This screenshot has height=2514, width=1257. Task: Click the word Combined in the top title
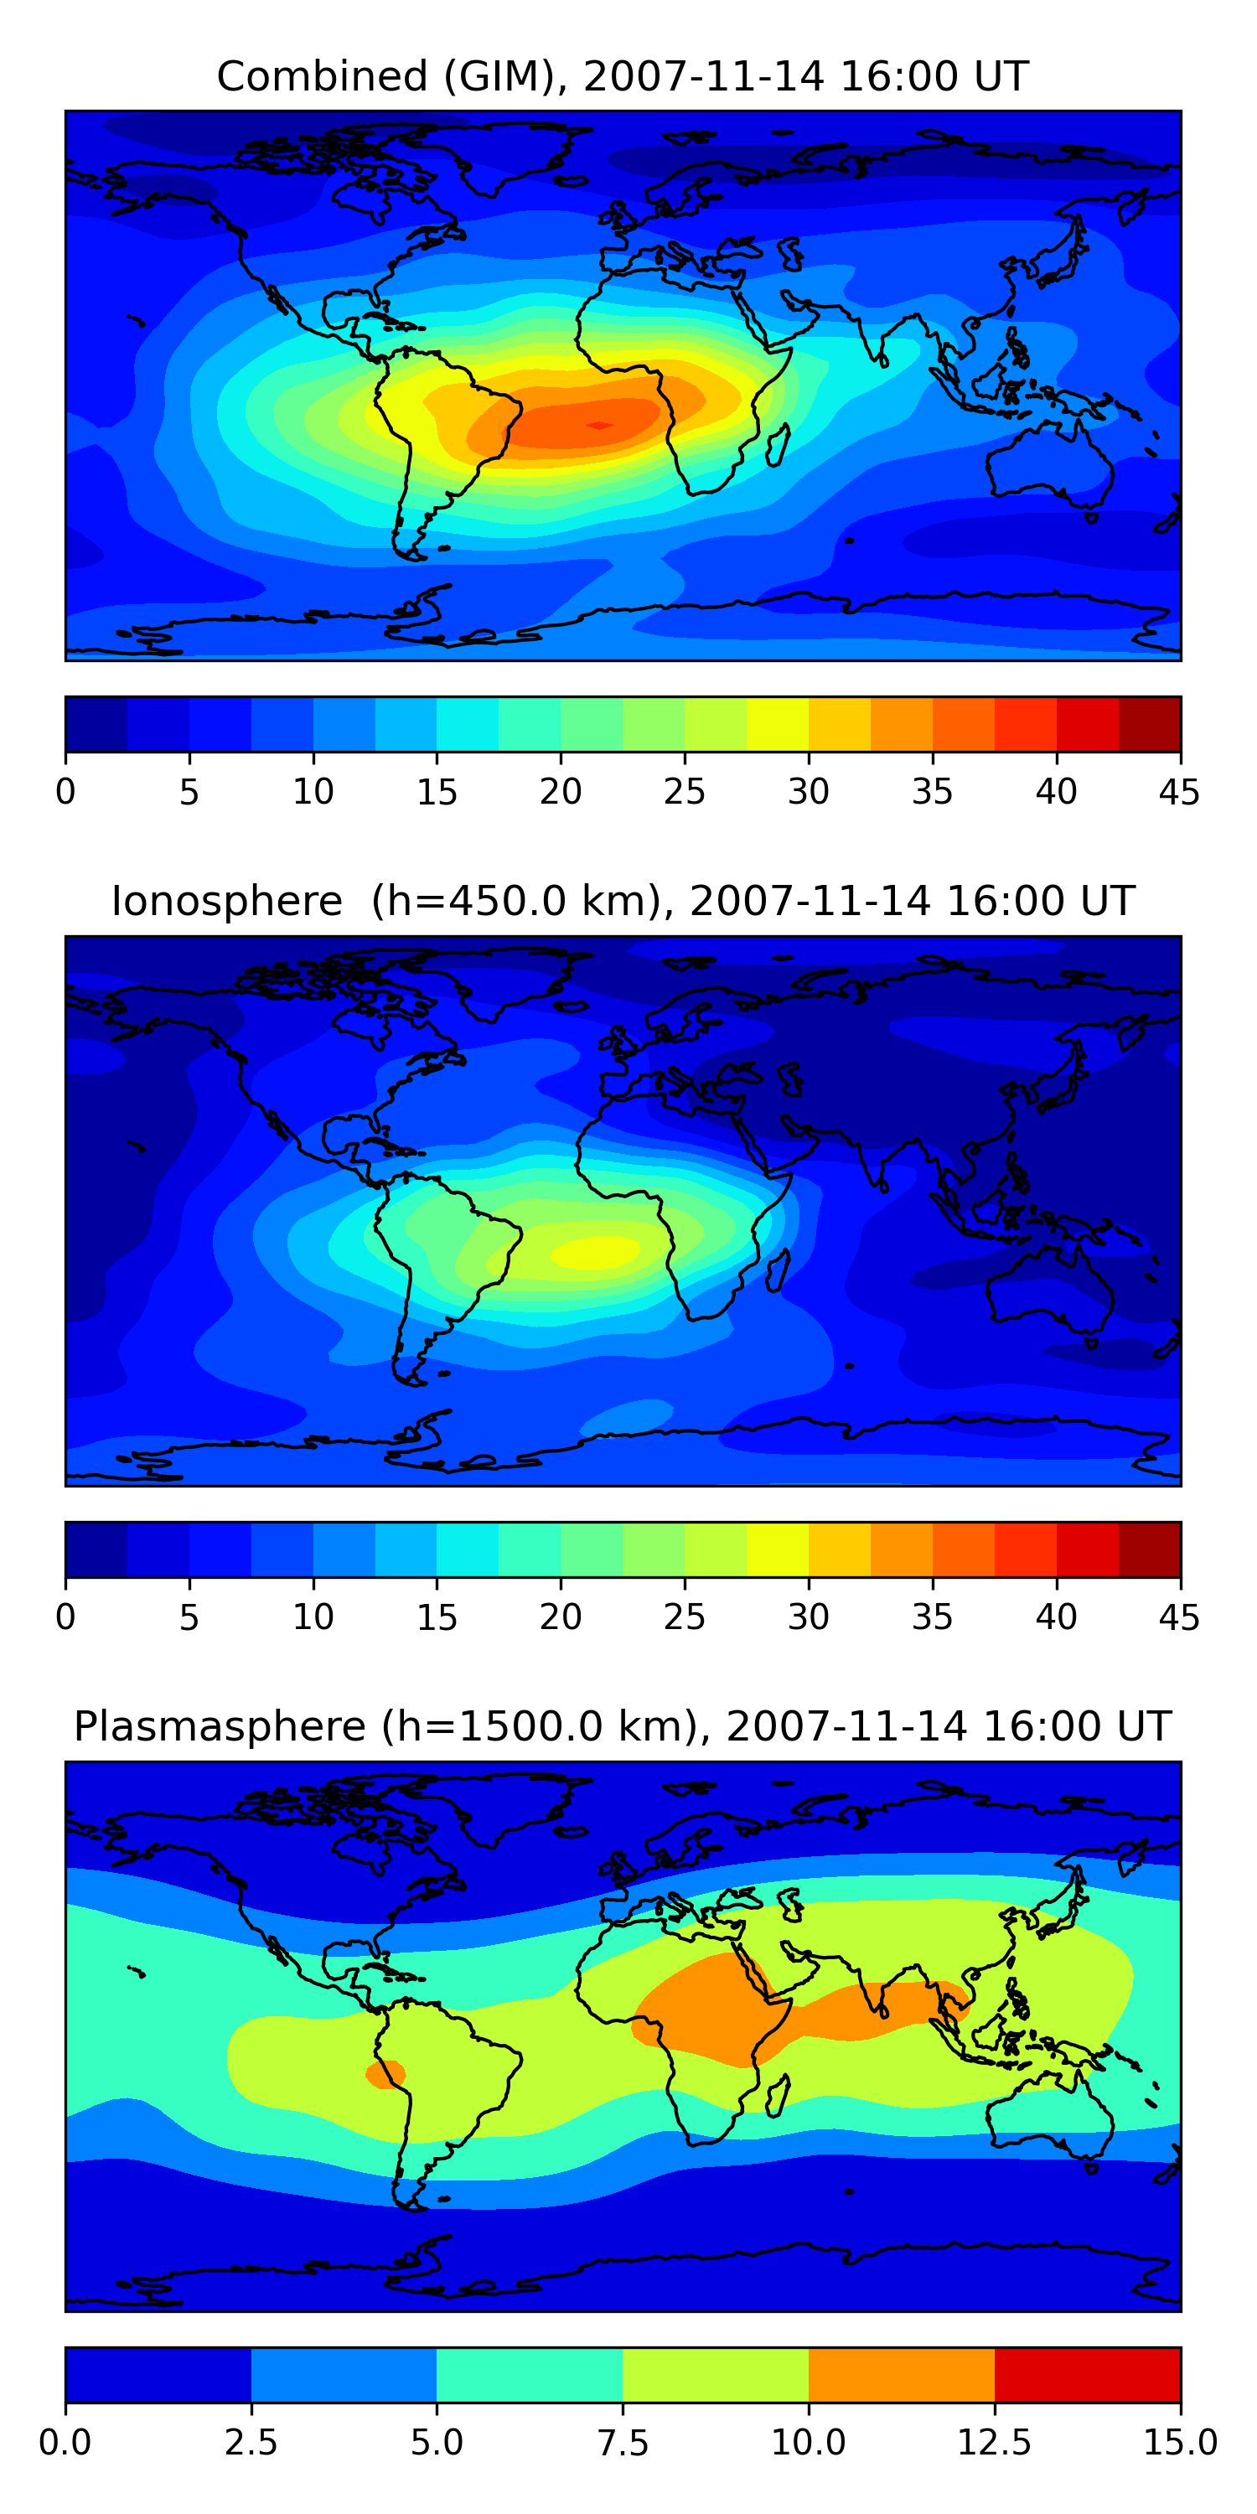pyautogui.click(x=322, y=76)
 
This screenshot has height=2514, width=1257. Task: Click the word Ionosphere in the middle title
pyautogui.click(x=226, y=901)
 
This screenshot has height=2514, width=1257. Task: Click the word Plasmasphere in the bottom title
pyautogui.click(x=220, y=1726)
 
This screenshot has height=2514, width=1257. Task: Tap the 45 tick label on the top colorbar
pyautogui.click(x=1179, y=791)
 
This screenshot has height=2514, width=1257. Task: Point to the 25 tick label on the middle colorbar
pyautogui.click(x=684, y=1617)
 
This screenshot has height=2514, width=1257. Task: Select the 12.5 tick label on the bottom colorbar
pyautogui.click(x=994, y=2443)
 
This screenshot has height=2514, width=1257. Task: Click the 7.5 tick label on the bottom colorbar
pyautogui.click(x=623, y=2443)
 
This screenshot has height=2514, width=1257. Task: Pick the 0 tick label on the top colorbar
pyautogui.click(x=65, y=791)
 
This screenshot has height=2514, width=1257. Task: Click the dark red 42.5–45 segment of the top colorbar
pyautogui.click(x=1149, y=724)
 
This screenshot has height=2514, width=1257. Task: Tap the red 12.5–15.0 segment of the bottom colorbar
pyautogui.click(x=1087, y=2374)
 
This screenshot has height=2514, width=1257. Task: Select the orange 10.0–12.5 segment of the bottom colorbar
pyautogui.click(x=901, y=2374)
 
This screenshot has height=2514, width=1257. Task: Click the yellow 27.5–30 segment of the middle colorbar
pyautogui.click(x=777, y=1549)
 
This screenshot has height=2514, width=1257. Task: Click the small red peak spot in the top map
pyautogui.click(x=599, y=425)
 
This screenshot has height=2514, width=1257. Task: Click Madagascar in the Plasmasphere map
pyautogui.click(x=779, y=2097)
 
